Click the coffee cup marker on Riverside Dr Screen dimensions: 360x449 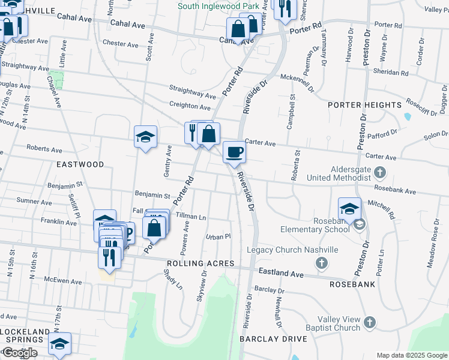click(234, 151)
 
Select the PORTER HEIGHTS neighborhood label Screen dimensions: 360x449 click(364, 105)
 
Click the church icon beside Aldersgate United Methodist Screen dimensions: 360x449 click(379, 173)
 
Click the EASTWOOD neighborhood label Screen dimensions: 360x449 click(80, 164)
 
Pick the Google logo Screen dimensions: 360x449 click(19, 353)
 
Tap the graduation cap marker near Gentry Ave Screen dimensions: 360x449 click(146, 137)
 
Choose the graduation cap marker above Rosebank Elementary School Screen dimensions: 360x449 click(349, 209)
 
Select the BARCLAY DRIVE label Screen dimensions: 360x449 click(273, 339)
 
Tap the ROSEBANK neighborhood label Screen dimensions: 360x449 click(351, 283)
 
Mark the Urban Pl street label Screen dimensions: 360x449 click(218, 236)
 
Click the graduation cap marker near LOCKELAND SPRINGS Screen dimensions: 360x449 click(59, 344)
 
